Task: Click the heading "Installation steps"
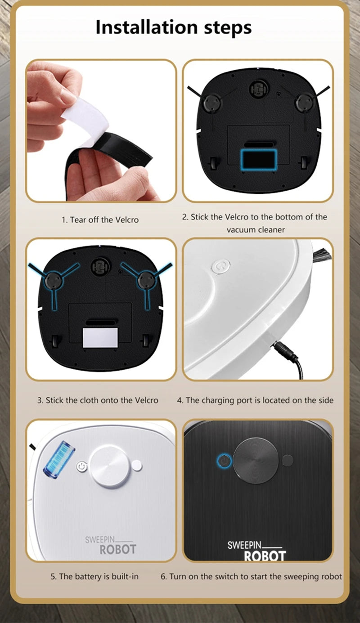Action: pyautogui.click(x=174, y=27)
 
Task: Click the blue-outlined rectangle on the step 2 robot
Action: pyautogui.click(x=259, y=159)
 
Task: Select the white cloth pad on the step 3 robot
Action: pyautogui.click(x=100, y=338)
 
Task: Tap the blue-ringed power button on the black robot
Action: pyautogui.click(x=224, y=461)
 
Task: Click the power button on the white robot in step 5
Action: pyautogui.click(x=81, y=466)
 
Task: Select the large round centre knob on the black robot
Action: pyautogui.click(x=256, y=461)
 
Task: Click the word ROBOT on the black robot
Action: pyautogui.click(x=265, y=556)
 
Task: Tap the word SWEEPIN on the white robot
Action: pyautogui.click(x=100, y=540)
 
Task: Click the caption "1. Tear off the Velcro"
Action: pyautogui.click(x=100, y=220)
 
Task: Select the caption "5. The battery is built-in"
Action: pyautogui.click(x=94, y=576)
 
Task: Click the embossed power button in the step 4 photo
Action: pyautogui.click(x=221, y=267)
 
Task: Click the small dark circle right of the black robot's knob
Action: pyautogui.click(x=288, y=461)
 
